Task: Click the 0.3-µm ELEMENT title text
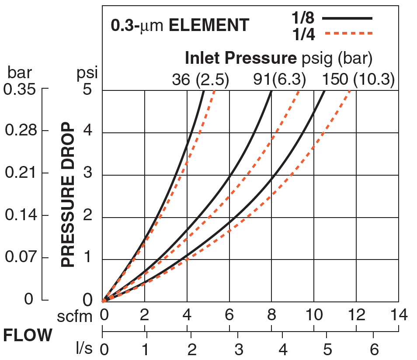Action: pyautogui.click(x=180, y=25)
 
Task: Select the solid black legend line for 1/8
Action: pyautogui.click(x=347, y=18)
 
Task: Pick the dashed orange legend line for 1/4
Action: pyautogui.click(x=347, y=33)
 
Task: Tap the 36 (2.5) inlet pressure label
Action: pyautogui.click(x=201, y=80)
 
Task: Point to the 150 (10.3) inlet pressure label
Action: pyautogui.click(x=358, y=80)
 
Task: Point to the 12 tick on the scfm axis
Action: pyautogui.click(x=356, y=315)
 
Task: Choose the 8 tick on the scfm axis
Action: pyautogui.click(x=271, y=315)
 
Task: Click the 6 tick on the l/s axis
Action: pyautogui.click(x=373, y=350)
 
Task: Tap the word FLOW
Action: pyautogui.click(x=28, y=336)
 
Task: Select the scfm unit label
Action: pyautogui.click(x=76, y=316)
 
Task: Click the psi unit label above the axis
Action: pyautogui.click(x=87, y=73)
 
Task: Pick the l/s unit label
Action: pyautogui.click(x=85, y=350)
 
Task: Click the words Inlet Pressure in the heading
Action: pyautogui.click(x=238, y=58)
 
